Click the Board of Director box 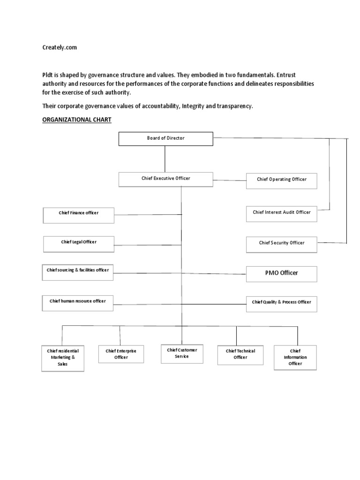click(165, 139)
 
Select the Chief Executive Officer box click(165, 179)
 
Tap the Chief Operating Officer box click(281, 180)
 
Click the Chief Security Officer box click(281, 243)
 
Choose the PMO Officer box click(281, 273)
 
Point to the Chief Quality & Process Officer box click(281, 303)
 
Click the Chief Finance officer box click(78, 215)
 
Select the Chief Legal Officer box click(78, 243)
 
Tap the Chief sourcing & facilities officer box click(77, 272)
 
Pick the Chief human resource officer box click(77, 302)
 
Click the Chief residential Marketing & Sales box click(62, 358)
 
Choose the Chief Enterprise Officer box click(120, 354)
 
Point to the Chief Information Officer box click(295, 358)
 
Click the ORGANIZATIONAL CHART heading click(77, 120)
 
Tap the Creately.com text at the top click(60, 48)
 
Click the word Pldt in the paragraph click(48, 75)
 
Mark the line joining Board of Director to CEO click(165, 159)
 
